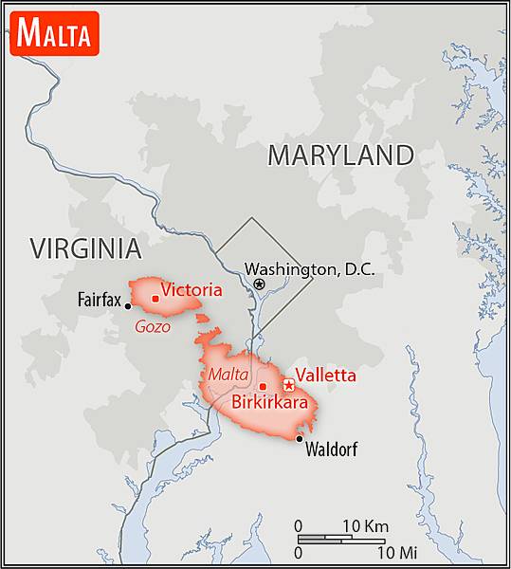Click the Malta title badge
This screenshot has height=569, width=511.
[x=54, y=34]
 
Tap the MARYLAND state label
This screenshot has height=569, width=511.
[x=340, y=155]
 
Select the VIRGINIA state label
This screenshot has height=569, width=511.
[x=85, y=248]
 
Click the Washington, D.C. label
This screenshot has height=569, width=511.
[x=310, y=270]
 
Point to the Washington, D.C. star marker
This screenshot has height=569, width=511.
[x=260, y=283]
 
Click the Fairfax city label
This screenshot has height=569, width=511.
[x=99, y=301]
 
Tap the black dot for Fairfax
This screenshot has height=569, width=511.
[x=128, y=305]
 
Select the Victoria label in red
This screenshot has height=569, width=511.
[x=192, y=290]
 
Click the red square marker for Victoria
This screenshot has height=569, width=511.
[x=155, y=298]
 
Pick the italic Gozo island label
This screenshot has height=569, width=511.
[x=153, y=326]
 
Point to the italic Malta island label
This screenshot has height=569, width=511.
[x=228, y=374]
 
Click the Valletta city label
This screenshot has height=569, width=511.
[x=326, y=376]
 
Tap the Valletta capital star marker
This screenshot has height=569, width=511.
[x=288, y=385]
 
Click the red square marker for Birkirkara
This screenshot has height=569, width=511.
[x=263, y=386]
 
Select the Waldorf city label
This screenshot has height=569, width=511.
[x=331, y=450]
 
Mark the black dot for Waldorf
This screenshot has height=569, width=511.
[x=300, y=438]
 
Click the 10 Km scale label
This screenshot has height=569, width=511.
[x=365, y=526]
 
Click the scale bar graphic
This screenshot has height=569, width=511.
[x=341, y=539]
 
